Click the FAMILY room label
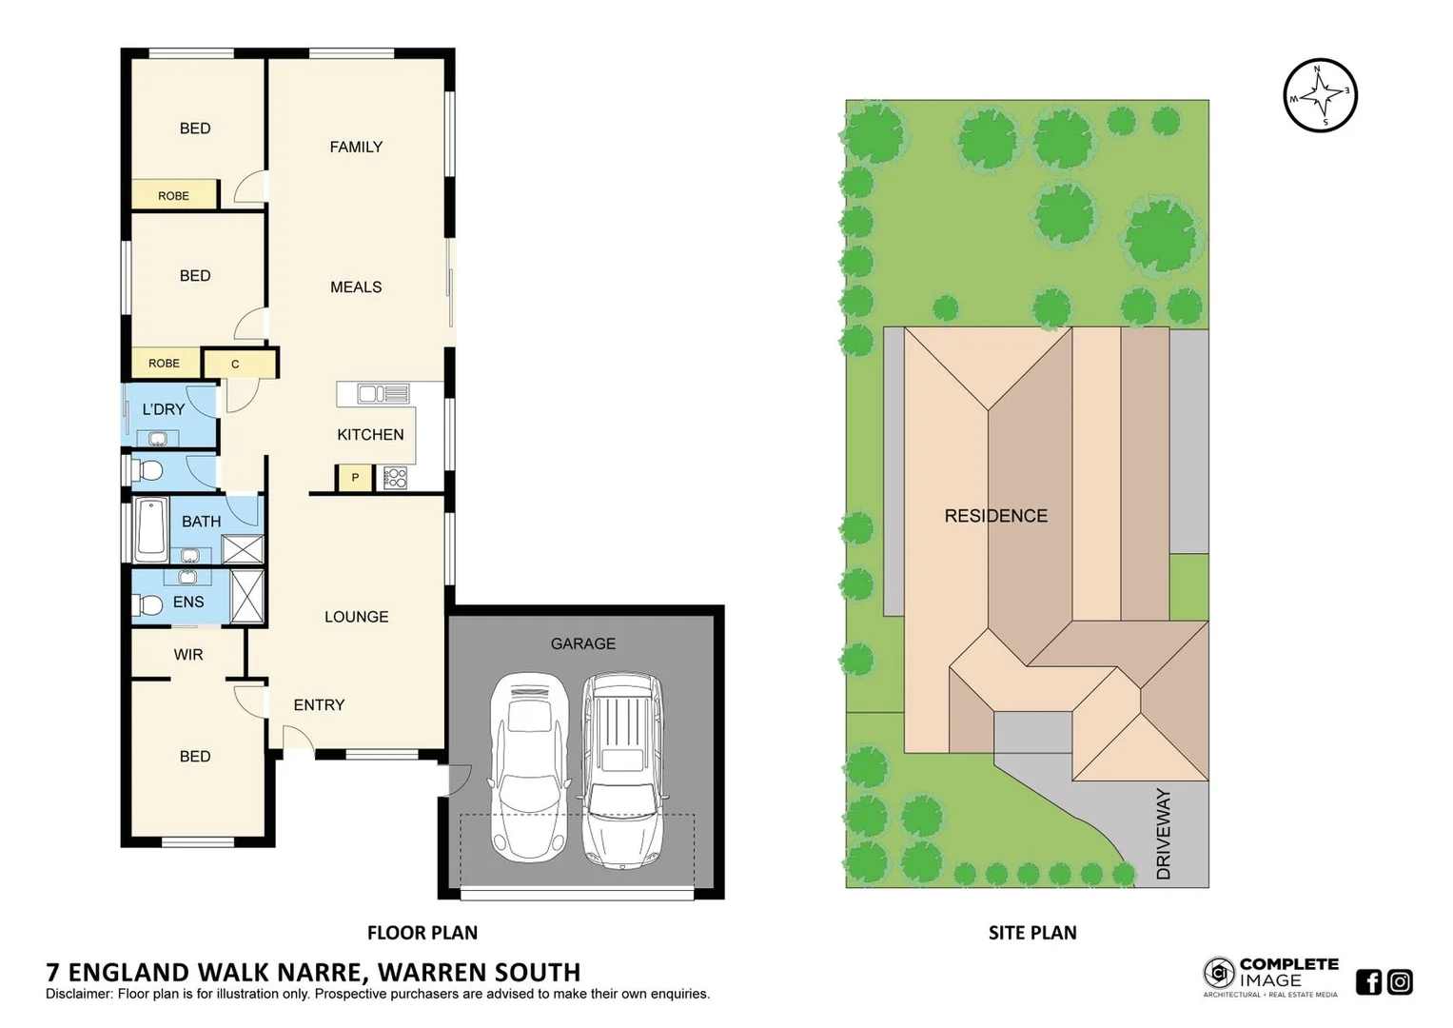(x=356, y=147)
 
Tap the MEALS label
(x=356, y=287)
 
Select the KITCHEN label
(x=370, y=434)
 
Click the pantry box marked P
(x=355, y=478)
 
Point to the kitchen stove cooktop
(x=395, y=478)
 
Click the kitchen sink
(x=383, y=393)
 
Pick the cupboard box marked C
(x=236, y=364)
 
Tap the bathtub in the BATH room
(x=151, y=528)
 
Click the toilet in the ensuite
(x=148, y=604)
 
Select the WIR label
(x=188, y=655)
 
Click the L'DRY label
(x=164, y=409)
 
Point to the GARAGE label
(x=582, y=643)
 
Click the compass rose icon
(x=1320, y=94)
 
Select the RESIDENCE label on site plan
(x=995, y=516)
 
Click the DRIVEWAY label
(x=1163, y=834)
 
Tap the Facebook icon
(x=1368, y=981)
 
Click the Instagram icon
(x=1400, y=981)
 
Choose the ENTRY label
(x=319, y=704)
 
